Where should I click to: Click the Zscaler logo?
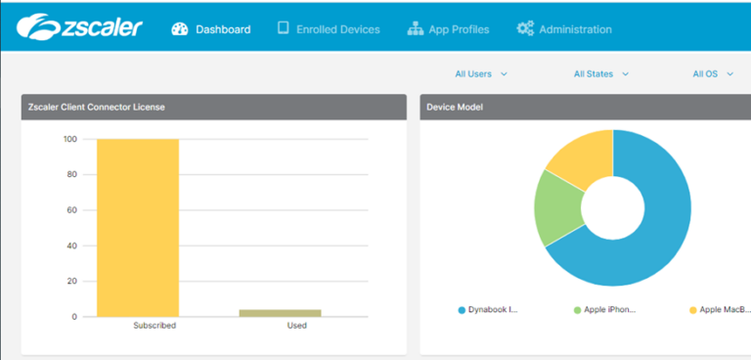coord(80,26)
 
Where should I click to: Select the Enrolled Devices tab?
coord(329,29)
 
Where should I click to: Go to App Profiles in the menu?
coord(448,29)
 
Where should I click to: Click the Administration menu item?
coord(564,29)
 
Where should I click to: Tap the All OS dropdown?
coord(712,73)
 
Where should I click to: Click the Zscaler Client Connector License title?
coord(96,107)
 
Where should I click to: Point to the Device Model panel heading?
coord(455,107)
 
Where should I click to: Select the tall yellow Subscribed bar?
coord(138,227)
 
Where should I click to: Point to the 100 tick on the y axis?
coord(70,139)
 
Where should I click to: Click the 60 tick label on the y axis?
coord(72,210)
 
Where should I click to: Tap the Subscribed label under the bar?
coord(155,326)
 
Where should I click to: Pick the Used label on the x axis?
coord(296,326)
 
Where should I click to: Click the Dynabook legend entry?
coord(488,309)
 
